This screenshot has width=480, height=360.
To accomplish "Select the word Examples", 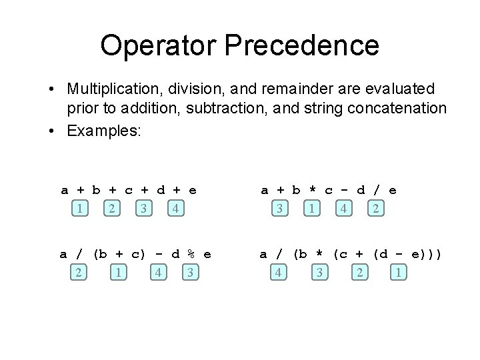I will point(103,131).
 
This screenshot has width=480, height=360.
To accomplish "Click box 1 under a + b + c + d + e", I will point(80,209).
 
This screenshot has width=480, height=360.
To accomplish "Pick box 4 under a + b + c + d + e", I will point(175,209).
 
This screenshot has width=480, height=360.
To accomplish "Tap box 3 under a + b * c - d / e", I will point(279,209).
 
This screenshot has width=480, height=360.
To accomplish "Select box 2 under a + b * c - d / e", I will point(376,209).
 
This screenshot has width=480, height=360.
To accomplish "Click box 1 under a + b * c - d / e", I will point(312,209).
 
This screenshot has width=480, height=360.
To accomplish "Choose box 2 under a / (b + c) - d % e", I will point(79,273).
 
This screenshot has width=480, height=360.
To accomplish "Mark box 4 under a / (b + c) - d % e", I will point(158,273).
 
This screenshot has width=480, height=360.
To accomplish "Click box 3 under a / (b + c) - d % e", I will point(191,273).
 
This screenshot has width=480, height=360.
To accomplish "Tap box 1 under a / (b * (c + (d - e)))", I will point(398,273).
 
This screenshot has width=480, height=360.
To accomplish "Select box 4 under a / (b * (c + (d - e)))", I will point(279,273).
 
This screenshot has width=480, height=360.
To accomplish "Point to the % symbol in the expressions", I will point(191,254).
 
